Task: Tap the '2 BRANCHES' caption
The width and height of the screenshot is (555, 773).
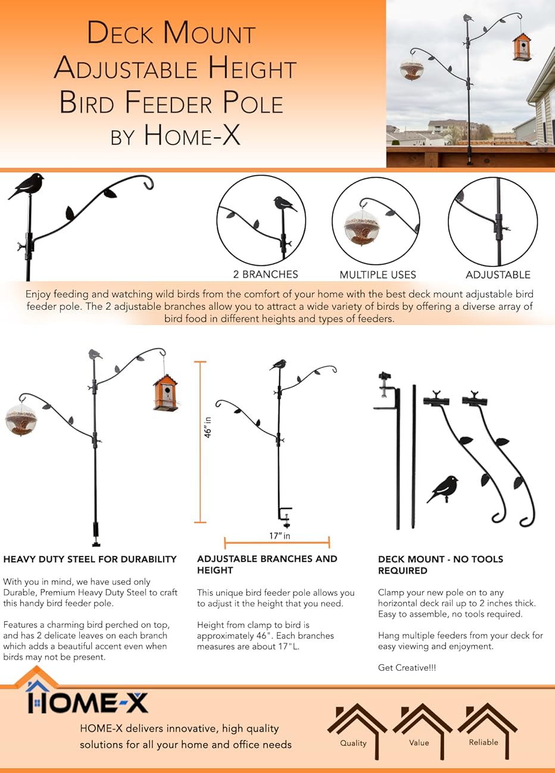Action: [x=266, y=274]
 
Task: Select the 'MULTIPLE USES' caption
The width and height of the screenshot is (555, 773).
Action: [x=378, y=275]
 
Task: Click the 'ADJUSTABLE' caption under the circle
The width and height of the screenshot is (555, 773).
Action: [x=498, y=275]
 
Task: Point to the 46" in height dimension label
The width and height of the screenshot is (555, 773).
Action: [x=208, y=427]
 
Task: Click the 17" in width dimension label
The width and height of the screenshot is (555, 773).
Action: [x=279, y=536]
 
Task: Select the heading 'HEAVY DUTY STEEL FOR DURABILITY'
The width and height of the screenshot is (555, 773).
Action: [x=90, y=559]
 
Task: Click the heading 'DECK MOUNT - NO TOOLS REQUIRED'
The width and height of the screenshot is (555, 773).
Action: [x=440, y=564]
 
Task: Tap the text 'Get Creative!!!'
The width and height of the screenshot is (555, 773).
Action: [x=407, y=668]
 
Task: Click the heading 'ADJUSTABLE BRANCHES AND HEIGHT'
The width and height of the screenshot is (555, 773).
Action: [x=267, y=564]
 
